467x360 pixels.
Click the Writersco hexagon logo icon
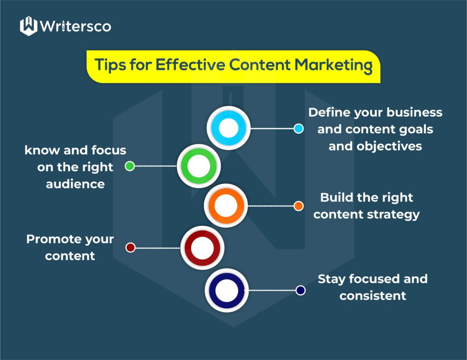tap(29, 26)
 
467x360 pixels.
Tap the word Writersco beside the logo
tap(75, 26)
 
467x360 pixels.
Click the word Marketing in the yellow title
tap(333, 65)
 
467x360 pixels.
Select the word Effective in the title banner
tap(190, 64)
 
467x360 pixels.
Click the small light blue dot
tap(298, 129)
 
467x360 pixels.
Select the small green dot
tap(130, 166)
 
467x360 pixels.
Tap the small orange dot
tap(298, 206)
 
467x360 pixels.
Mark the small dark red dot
tap(130, 247)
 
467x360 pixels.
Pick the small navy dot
tap(300, 290)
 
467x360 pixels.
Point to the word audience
tap(75, 184)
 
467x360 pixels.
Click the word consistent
tap(373, 296)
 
